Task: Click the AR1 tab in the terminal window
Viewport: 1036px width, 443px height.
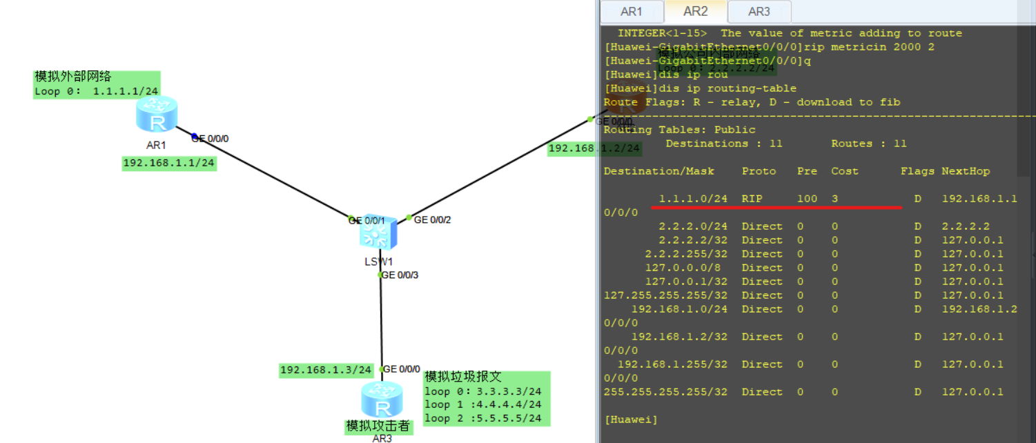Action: (x=632, y=12)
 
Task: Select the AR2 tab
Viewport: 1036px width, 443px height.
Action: (x=695, y=12)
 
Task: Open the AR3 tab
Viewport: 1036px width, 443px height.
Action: (x=759, y=12)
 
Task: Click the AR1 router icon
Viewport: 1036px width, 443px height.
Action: (x=157, y=114)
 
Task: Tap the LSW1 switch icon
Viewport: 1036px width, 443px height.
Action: (x=378, y=234)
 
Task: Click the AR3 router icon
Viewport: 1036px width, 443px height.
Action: (x=381, y=400)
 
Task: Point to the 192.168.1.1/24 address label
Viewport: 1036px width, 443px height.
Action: (x=169, y=164)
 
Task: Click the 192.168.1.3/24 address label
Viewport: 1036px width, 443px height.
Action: (x=326, y=370)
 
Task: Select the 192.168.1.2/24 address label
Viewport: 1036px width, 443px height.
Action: (x=594, y=148)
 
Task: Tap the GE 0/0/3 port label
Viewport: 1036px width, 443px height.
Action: (x=400, y=275)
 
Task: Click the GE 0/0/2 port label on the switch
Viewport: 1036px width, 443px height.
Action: (x=432, y=219)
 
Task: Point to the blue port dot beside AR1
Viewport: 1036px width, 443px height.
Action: (x=195, y=136)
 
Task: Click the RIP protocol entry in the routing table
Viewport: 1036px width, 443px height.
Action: (x=752, y=199)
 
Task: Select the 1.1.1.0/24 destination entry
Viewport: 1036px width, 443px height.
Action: (x=693, y=199)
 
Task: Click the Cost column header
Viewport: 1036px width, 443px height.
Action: (x=845, y=171)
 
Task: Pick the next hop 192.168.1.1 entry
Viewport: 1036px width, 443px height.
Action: (x=979, y=199)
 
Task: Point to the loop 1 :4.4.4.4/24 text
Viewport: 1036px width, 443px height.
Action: (x=482, y=405)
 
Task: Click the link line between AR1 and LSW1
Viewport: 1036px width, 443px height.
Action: (x=269, y=175)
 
